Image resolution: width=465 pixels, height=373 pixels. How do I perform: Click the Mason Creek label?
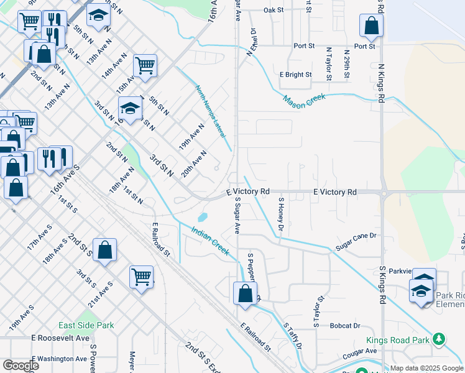click(x=305, y=99)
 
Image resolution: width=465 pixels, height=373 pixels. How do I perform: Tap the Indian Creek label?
click(x=210, y=242)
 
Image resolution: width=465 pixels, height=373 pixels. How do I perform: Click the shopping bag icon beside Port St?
click(x=371, y=27)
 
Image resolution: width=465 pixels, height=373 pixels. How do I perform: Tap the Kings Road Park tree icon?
click(x=440, y=339)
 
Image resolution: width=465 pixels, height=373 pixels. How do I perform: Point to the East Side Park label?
click(x=86, y=325)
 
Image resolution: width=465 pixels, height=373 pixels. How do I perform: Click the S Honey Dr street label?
click(x=281, y=215)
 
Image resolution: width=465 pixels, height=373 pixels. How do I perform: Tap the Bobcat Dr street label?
click(x=346, y=325)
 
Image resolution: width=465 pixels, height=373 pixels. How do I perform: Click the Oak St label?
click(x=273, y=11)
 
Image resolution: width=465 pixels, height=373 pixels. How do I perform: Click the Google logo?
click(x=21, y=366)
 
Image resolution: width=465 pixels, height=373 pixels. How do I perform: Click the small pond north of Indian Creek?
click(x=203, y=218)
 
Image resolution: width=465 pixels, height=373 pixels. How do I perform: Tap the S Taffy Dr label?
click(x=293, y=336)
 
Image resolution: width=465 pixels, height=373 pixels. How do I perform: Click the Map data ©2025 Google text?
click(x=426, y=368)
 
